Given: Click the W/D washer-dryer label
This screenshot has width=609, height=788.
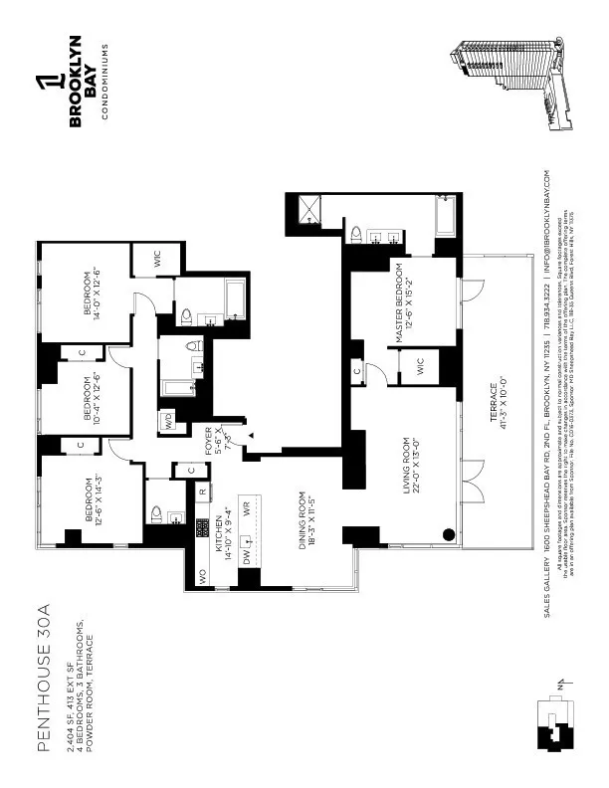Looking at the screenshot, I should [x=169, y=418].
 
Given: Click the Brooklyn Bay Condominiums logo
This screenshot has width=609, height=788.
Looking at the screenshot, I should [x=82, y=79].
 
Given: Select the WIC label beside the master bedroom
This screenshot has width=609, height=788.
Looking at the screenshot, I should [x=421, y=366].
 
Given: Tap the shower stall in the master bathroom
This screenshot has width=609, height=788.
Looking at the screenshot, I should [x=310, y=209].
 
